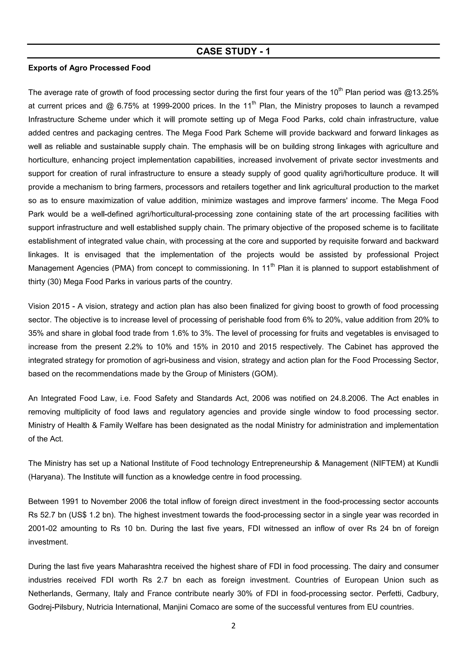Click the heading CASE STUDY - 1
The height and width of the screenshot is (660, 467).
pyautogui.click(x=233, y=51)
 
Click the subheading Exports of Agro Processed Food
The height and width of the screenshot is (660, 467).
pyautogui.click(x=89, y=68)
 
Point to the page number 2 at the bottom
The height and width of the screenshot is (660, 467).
pyautogui.click(x=233, y=626)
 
